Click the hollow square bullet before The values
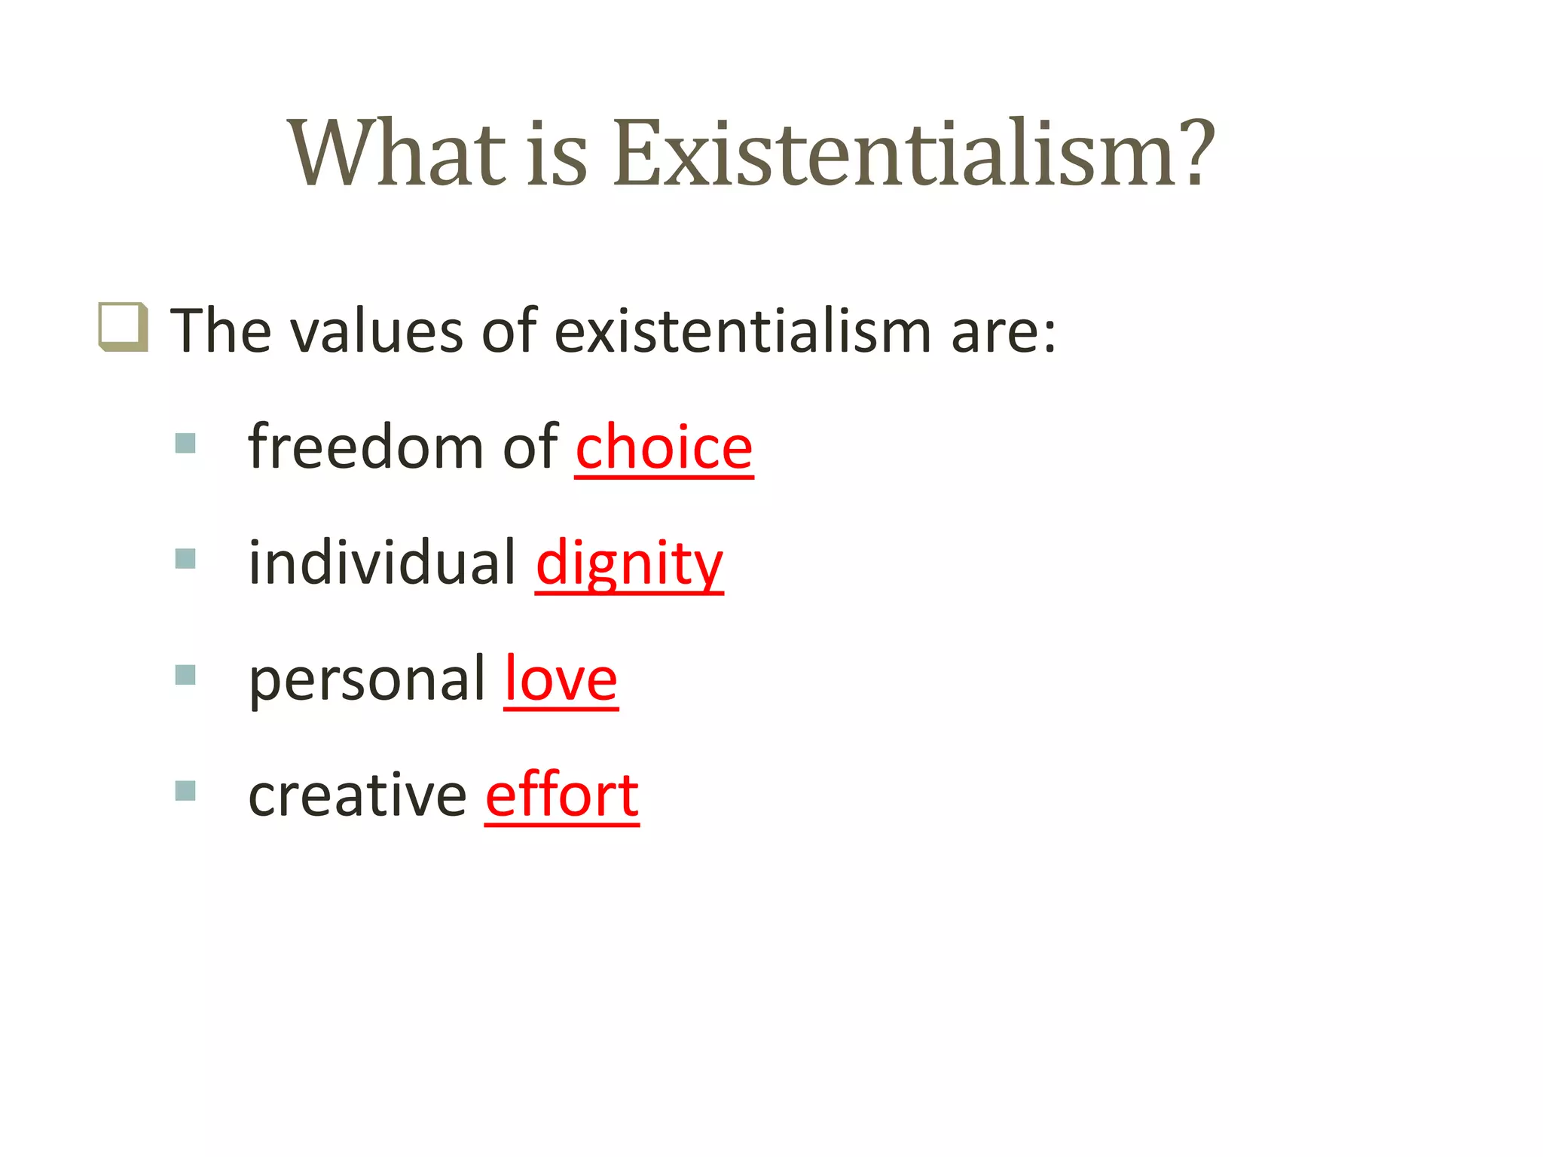click(x=123, y=327)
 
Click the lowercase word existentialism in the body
click(x=743, y=331)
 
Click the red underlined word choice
click(x=664, y=447)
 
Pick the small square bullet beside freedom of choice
click(x=185, y=443)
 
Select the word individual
click(x=382, y=563)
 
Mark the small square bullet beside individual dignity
click(x=185, y=559)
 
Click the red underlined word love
click(x=561, y=679)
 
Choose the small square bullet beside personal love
click(x=185, y=675)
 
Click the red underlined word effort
click(x=562, y=795)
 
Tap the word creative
click(x=357, y=795)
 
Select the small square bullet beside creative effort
click(x=185, y=791)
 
